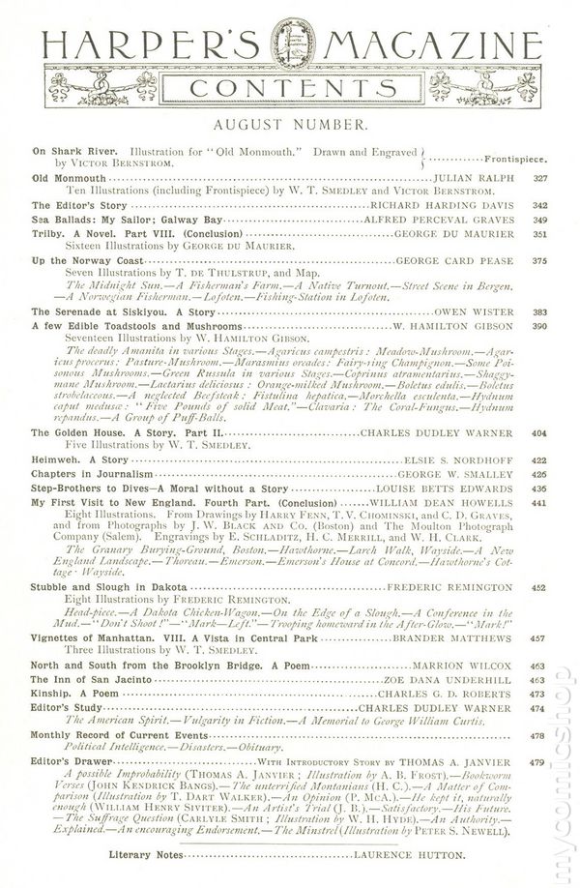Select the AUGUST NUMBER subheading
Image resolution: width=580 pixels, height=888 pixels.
(289, 127)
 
